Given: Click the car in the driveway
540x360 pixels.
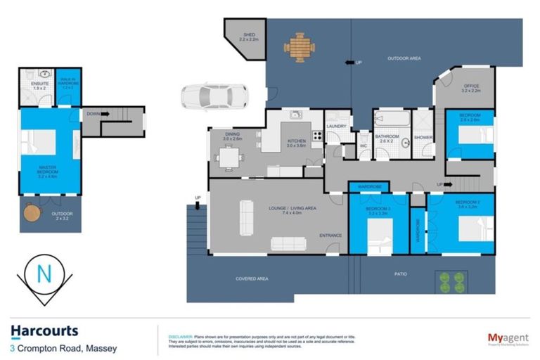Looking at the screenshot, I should point(209,96).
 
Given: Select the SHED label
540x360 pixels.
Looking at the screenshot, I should point(249,35).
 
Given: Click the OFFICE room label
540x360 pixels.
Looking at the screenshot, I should point(470,88).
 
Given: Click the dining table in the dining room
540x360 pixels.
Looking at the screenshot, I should point(228,158).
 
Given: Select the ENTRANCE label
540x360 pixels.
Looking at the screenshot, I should point(330,235).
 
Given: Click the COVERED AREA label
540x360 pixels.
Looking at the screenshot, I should point(252,279).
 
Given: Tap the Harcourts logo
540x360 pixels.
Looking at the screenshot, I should point(44,331).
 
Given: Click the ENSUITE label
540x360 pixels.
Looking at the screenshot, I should point(30,84).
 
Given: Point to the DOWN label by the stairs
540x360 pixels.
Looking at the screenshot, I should point(92,112).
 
